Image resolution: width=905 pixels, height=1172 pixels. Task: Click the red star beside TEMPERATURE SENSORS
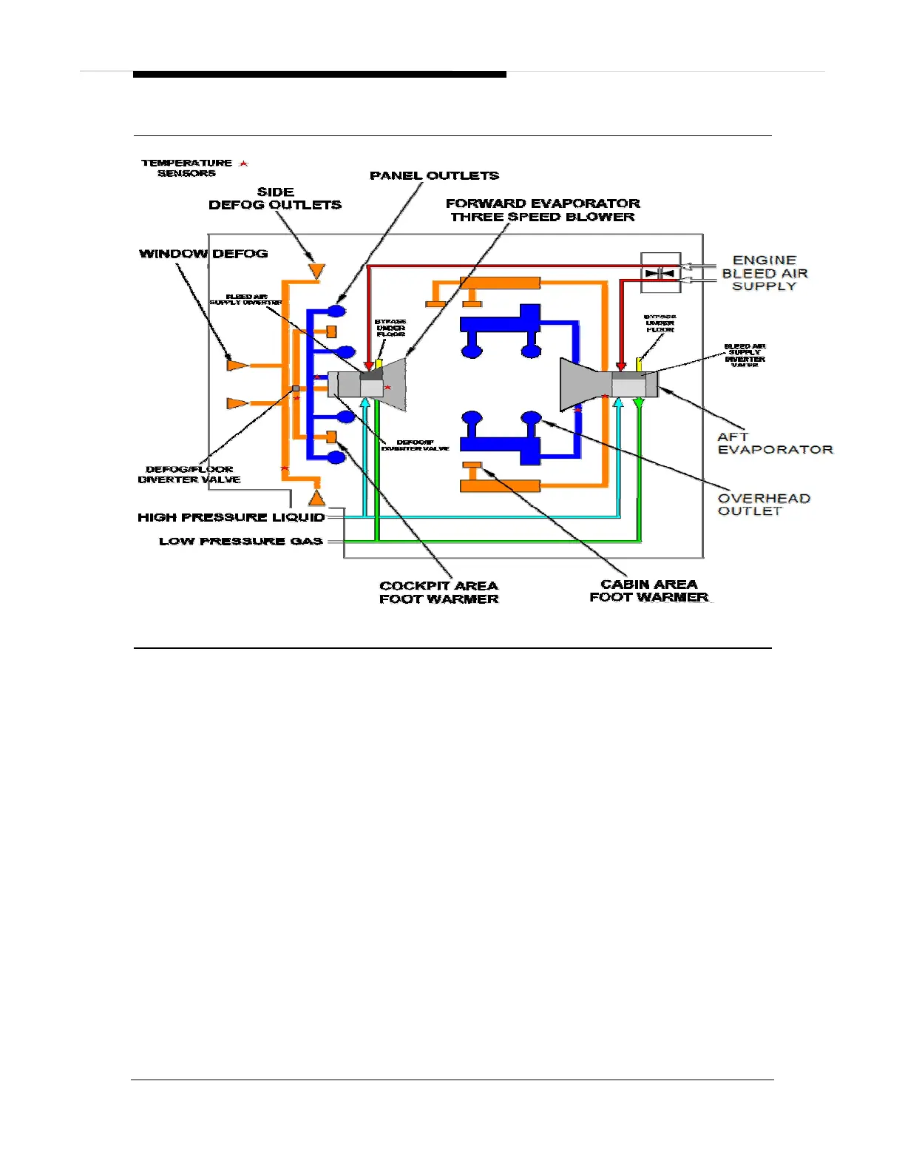point(243,164)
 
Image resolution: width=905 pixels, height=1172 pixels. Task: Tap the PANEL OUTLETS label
point(434,175)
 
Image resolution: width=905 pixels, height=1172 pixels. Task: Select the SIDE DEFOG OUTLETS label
point(275,198)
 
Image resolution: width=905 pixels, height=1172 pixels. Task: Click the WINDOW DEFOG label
point(203,254)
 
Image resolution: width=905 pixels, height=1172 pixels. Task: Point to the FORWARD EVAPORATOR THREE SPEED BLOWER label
point(543,210)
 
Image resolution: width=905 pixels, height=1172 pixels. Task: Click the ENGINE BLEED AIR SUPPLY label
point(765,273)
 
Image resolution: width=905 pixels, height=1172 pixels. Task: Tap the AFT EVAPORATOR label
point(774,443)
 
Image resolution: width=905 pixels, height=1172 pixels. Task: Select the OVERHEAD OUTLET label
point(764,505)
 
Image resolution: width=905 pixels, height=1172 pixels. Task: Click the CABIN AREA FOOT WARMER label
point(648,590)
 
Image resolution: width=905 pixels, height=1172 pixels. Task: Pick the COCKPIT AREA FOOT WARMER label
point(438,593)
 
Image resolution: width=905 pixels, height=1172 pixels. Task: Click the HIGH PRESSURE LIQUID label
point(231,517)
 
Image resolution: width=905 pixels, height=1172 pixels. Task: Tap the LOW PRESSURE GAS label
point(240,541)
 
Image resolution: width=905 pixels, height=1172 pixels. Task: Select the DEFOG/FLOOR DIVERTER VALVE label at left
point(189,474)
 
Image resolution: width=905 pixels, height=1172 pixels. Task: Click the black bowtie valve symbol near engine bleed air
point(660,273)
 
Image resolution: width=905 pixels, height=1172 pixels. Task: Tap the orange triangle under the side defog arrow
point(316,271)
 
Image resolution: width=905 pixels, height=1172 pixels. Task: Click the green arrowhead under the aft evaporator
point(640,403)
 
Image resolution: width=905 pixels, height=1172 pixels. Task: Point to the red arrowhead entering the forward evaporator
point(368,366)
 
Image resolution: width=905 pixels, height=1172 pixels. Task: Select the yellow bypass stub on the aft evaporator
point(639,364)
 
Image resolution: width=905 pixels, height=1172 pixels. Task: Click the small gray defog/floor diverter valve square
point(296,388)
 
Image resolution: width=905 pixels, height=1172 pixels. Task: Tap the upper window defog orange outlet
point(236,365)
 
